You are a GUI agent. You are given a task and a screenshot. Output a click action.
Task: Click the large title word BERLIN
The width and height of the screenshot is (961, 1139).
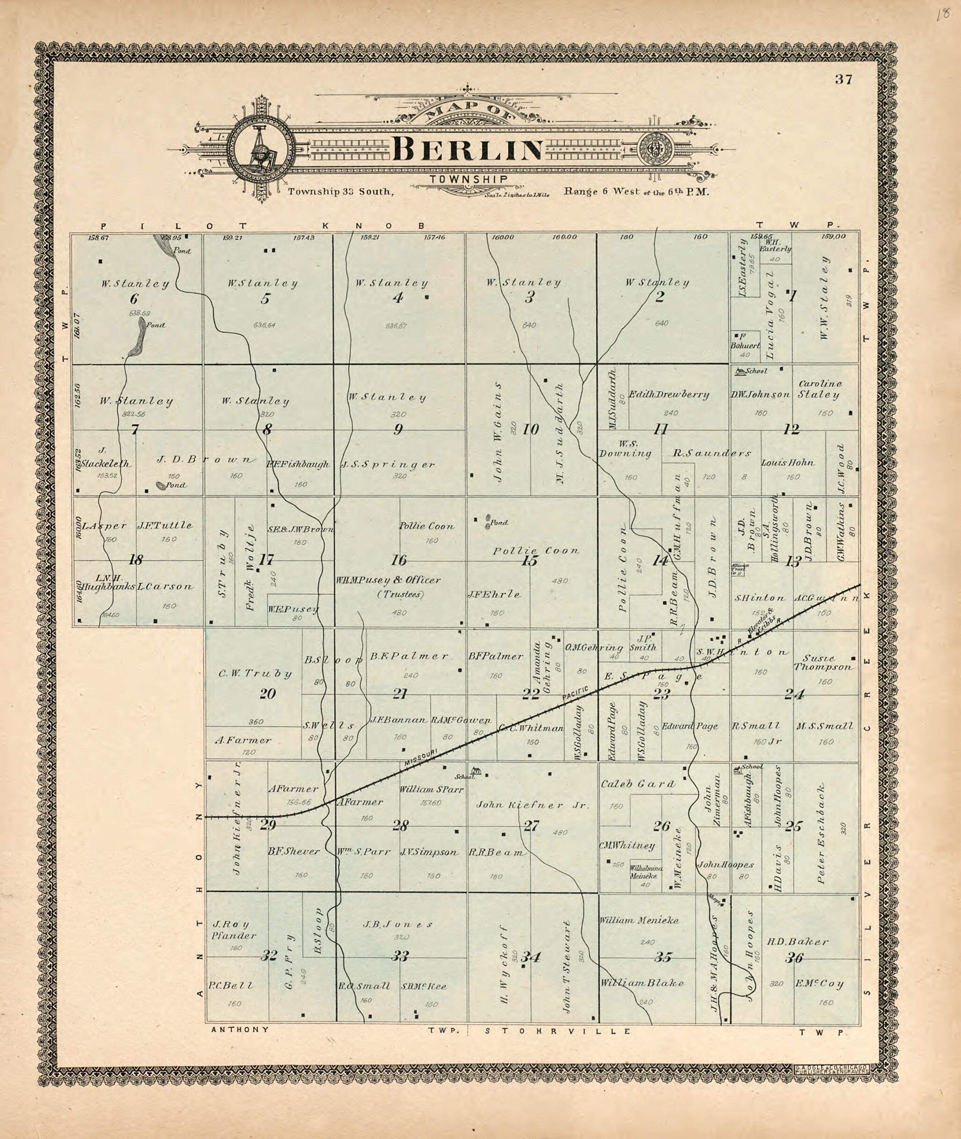(468, 149)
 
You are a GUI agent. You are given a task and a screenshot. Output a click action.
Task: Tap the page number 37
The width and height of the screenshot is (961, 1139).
(844, 80)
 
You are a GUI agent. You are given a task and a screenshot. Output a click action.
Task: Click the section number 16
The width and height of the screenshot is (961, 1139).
(399, 560)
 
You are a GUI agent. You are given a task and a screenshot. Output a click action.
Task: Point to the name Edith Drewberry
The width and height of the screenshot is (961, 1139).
(669, 394)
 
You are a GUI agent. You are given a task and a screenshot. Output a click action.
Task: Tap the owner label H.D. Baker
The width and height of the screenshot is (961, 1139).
(798, 941)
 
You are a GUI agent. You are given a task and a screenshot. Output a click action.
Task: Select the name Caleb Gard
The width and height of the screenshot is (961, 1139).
(638, 784)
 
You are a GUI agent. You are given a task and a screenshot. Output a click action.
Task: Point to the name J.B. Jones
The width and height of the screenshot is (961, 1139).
(398, 924)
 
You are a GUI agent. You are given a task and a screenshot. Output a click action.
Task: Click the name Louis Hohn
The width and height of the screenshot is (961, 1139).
(788, 462)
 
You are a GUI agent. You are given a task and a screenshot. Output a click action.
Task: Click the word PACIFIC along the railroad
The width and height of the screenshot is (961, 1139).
(576, 694)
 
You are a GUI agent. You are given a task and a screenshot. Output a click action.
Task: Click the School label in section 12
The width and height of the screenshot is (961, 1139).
(756, 371)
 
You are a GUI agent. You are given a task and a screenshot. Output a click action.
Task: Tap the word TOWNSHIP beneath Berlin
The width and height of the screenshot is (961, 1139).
(468, 179)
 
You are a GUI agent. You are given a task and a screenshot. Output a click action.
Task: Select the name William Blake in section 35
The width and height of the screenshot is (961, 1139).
(642, 983)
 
